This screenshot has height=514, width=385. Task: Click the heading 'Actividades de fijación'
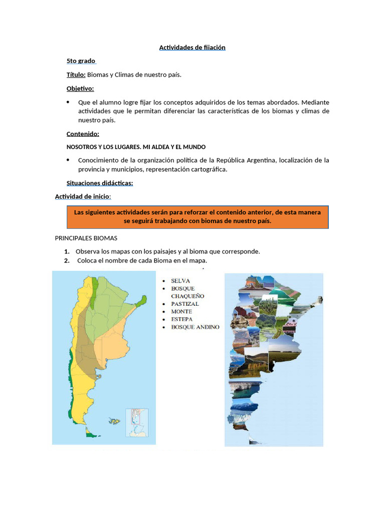coord(192,48)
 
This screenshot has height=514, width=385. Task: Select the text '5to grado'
coord(81,61)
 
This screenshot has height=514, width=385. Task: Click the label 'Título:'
coord(76,75)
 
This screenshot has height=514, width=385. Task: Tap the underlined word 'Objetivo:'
coord(80,89)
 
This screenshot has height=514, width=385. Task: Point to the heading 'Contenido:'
coord(83,134)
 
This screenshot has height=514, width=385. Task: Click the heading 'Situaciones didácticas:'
coord(100,183)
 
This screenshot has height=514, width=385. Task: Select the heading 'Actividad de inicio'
coord(82,196)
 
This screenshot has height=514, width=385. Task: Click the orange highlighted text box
coord(198,217)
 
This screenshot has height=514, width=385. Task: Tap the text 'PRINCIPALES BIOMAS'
coord(86,238)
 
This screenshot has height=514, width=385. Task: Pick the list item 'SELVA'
coord(180,281)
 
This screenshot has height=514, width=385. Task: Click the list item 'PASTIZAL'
coord(184,304)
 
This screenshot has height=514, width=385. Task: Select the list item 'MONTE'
coord(181,312)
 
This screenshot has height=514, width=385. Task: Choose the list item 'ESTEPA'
coord(181,319)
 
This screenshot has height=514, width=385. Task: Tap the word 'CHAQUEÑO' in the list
coord(187,296)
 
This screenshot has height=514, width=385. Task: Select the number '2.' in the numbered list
coord(67,261)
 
